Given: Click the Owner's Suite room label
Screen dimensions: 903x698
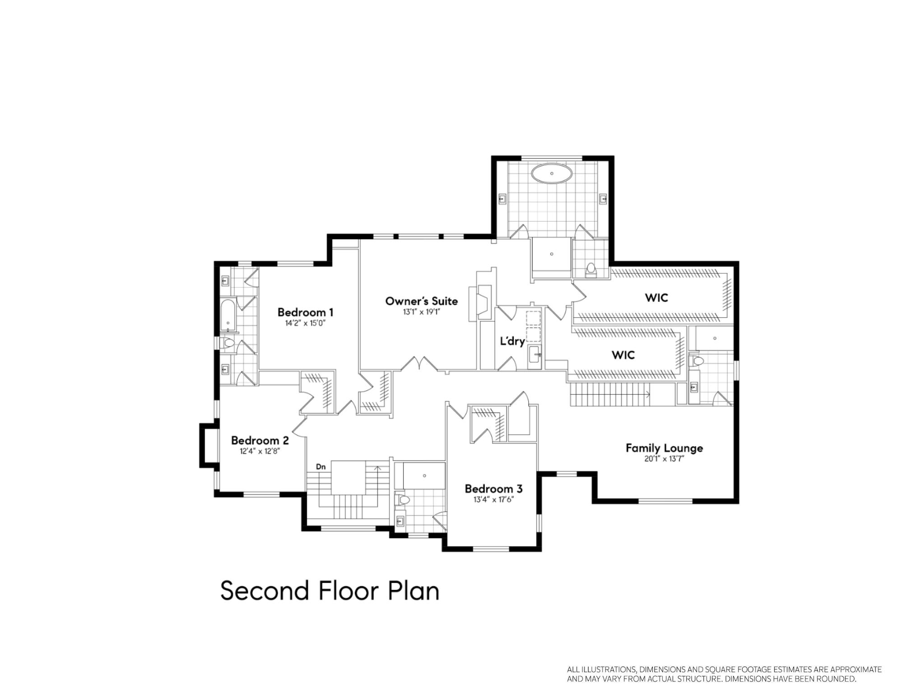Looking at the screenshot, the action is point(421,301).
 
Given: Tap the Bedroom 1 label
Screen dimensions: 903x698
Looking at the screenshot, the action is point(305,312).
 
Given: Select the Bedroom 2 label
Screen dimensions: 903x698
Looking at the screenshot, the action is point(260,440).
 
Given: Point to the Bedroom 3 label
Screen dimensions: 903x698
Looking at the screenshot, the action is point(493,488).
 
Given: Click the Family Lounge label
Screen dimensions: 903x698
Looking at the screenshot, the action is point(664,448).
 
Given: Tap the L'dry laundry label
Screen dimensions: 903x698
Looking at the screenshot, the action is point(512,341).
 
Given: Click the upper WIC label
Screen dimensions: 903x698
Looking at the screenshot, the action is point(656,298).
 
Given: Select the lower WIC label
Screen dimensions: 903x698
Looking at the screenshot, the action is point(623,355).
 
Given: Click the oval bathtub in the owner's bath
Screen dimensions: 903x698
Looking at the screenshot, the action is point(552,173).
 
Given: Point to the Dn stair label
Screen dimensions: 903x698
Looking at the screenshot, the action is point(321,467).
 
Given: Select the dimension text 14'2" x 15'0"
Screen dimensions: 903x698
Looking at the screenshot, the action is point(305,323).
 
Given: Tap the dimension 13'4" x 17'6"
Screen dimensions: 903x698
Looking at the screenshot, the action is point(493,500).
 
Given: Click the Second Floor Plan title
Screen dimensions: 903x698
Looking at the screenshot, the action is point(330,591).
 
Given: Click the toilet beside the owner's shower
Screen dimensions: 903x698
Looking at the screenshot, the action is point(591,270).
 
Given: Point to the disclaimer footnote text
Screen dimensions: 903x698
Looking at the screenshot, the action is point(724,674).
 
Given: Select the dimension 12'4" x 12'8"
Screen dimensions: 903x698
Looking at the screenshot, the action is point(260,451).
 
